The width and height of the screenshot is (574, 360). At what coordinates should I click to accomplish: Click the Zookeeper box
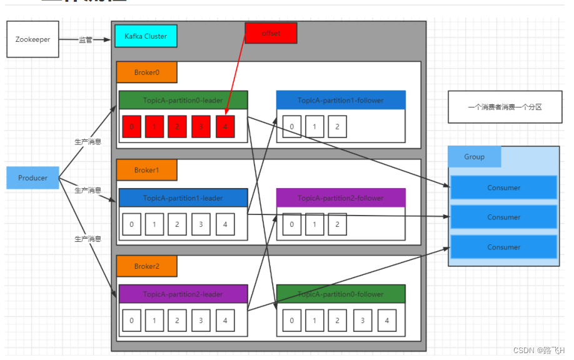coord(33,39)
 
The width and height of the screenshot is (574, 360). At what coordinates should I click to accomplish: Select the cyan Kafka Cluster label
coord(146,36)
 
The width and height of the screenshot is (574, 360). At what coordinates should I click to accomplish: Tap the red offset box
coord(270,33)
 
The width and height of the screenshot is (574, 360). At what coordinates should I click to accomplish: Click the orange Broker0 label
coord(146,72)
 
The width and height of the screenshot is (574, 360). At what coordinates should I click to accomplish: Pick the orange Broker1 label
coord(146,170)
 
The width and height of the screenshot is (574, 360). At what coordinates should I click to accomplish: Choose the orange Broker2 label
coord(146,266)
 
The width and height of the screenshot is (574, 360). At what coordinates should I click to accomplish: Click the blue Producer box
coord(33,178)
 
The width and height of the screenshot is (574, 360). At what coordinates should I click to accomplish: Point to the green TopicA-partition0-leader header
coord(183,100)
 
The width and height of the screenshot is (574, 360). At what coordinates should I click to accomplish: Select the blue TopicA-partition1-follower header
coord(341,100)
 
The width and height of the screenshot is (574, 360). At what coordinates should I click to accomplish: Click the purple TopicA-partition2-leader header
coord(183,294)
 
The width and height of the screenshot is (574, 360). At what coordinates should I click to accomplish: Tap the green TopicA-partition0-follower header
coord(341,294)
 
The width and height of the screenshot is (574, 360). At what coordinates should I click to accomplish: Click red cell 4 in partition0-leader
coord(225,127)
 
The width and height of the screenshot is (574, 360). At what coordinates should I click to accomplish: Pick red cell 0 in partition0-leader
coord(131,127)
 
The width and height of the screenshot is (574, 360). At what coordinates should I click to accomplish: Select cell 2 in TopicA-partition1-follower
coord(337,127)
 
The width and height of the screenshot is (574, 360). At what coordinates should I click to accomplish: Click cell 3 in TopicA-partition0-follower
coord(363,321)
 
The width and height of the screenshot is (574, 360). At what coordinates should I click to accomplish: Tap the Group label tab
coord(474,157)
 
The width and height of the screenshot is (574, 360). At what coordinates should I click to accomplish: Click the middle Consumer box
coord(503,217)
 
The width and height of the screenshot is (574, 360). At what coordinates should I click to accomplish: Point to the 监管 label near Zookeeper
coord(85,40)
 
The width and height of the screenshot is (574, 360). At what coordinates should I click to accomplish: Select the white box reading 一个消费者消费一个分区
coord(505,107)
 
